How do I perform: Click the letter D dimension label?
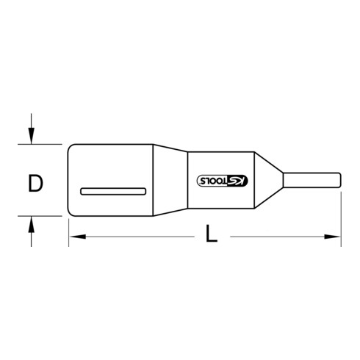click(35, 182)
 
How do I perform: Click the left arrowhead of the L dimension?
click(73, 237)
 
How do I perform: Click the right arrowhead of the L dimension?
click(337, 237)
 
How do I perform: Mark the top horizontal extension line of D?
click(44, 144)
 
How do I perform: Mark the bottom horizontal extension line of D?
click(44, 217)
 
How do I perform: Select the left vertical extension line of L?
click(68, 228)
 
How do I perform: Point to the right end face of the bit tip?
click(342, 181)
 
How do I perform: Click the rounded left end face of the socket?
click(69, 181)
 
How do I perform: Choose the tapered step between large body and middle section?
click(170, 181)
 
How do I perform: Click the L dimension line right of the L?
click(279, 237)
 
